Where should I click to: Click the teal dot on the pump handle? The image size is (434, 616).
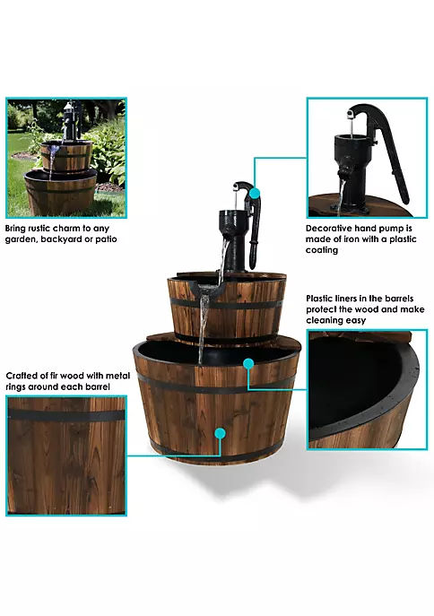click(x=255, y=194)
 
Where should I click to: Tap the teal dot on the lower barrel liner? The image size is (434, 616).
click(x=248, y=364)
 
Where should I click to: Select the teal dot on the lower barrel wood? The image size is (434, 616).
click(x=220, y=434)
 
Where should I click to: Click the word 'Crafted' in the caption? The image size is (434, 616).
click(x=22, y=376)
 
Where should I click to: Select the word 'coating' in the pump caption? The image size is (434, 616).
click(x=322, y=251)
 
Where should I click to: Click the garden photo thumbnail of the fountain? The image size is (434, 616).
click(x=66, y=158)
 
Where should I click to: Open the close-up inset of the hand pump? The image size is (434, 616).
click(x=368, y=158)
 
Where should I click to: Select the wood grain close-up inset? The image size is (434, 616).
click(x=66, y=455)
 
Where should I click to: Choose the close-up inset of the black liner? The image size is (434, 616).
click(x=368, y=390)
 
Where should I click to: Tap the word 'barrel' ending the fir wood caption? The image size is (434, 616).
click(x=99, y=386)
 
